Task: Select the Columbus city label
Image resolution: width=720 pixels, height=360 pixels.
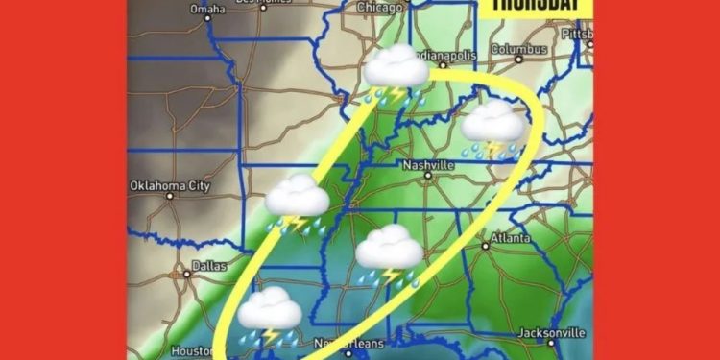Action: tap(519, 48)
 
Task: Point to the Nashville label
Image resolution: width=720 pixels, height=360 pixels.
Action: tap(427, 164)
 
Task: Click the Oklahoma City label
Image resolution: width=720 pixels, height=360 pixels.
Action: tap(172, 185)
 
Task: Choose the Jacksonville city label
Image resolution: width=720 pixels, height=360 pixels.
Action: tap(548, 332)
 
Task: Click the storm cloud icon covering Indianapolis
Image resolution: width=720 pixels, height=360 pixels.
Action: tap(396, 73)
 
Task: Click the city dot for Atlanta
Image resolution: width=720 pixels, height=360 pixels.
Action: tap(487, 247)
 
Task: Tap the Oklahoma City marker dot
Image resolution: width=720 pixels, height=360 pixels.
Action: tap(170, 197)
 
